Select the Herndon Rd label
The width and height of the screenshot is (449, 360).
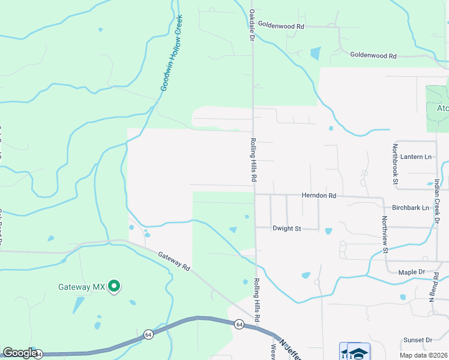(318, 196)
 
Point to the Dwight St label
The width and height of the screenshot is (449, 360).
(286, 229)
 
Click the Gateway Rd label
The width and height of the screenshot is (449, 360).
(174, 262)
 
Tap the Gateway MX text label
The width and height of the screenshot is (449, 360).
(82, 287)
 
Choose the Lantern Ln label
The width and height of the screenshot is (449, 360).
(416, 157)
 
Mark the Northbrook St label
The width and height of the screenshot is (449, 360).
(395, 163)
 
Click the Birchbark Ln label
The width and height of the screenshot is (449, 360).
(410, 208)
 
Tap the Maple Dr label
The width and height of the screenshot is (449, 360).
(412, 272)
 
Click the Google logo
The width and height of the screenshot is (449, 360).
(20, 353)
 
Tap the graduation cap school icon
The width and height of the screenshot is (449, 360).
(359, 353)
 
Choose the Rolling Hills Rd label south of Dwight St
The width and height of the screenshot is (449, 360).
(256, 300)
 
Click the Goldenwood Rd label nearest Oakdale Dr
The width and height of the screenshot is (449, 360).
(282, 26)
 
